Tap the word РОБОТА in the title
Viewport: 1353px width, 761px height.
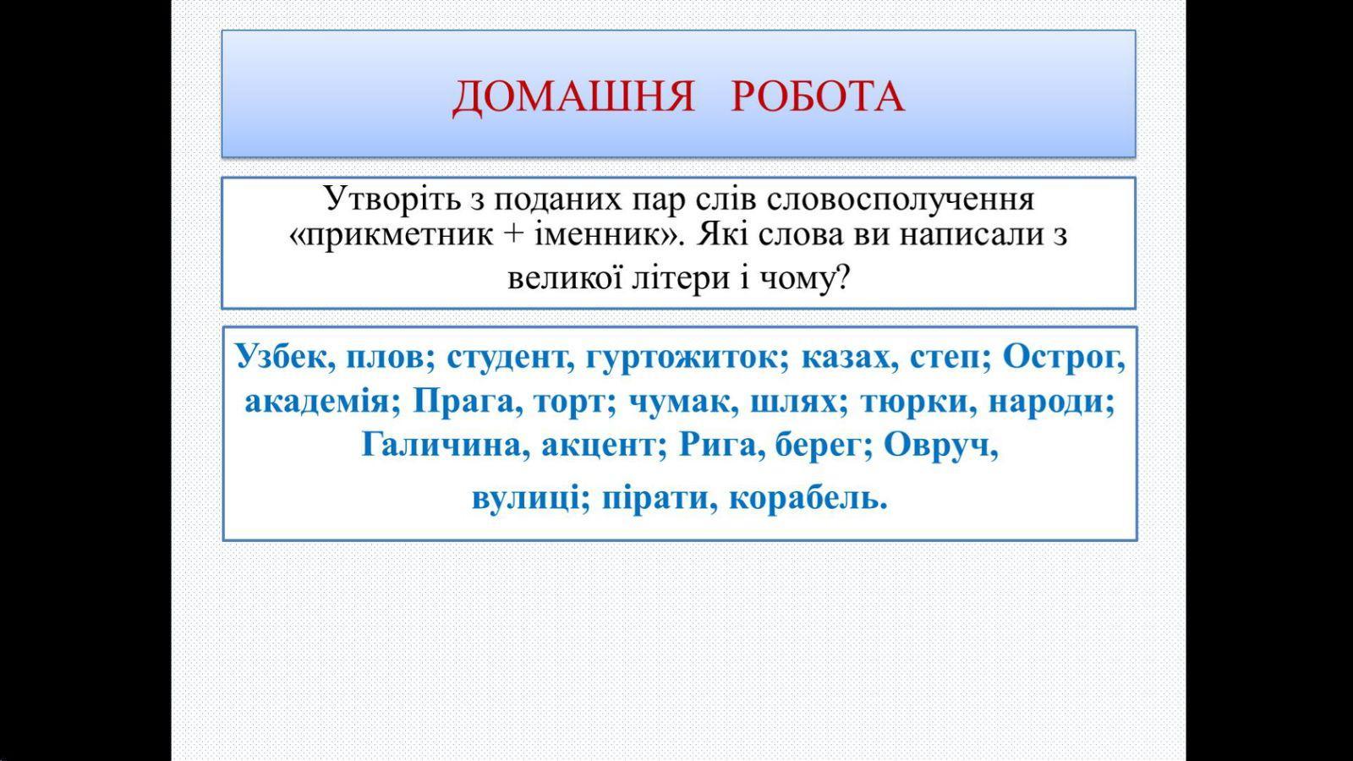pos(818,96)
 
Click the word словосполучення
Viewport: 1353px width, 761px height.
pos(901,200)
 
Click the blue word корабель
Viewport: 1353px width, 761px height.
pos(808,500)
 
